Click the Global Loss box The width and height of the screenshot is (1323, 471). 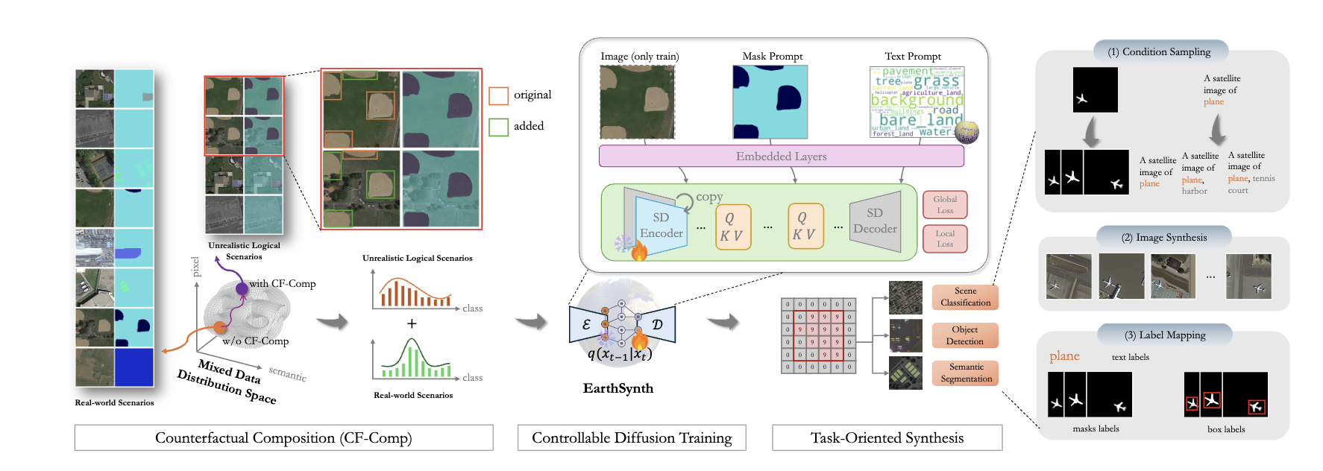(x=945, y=205)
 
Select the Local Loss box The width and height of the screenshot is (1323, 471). (x=945, y=238)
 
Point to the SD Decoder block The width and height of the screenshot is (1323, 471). (x=876, y=221)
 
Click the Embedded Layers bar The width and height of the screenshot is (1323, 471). (x=781, y=157)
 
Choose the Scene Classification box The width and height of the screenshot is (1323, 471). (x=965, y=297)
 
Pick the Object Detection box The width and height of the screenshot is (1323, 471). (x=964, y=335)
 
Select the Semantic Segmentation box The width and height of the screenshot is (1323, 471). (x=966, y=373)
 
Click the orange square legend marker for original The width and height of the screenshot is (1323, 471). (x=498, y=95)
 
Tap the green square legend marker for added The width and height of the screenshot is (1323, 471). (x=498, y=127)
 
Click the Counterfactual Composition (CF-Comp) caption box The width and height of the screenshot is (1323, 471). (x=283, y=437)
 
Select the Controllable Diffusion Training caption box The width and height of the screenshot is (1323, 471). (x=632, y=437)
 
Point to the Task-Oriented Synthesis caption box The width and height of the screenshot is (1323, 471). (x=887, y=437)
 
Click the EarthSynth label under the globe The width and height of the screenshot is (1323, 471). (x=618, y=388)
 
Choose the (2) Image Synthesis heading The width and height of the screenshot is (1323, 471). (x=1163, y=237)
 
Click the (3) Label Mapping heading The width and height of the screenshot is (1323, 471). (x=1164, y=335)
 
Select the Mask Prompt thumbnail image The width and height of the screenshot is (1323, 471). (x=770, y=102)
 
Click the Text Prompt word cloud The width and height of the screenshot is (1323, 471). (x=917, y=102)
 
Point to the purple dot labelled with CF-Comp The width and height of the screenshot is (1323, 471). (x=242, y=288)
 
